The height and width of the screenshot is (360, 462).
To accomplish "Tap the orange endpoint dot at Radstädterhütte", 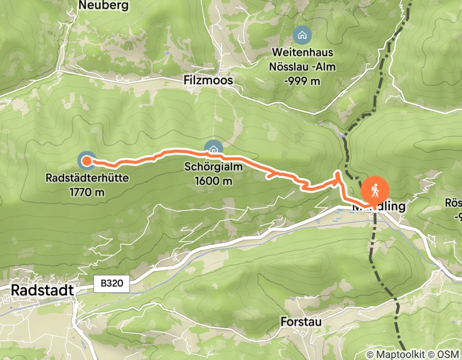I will (86, 161).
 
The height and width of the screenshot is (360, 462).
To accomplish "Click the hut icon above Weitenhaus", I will (301, 35).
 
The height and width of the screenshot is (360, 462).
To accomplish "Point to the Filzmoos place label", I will (208, 81).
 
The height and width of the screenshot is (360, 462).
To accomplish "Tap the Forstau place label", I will (301, 321).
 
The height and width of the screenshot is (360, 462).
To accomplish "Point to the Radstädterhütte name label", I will (87, 179).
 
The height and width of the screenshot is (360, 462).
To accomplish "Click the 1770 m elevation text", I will (87, 192).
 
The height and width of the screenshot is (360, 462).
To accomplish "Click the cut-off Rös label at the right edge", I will (455, 203).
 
